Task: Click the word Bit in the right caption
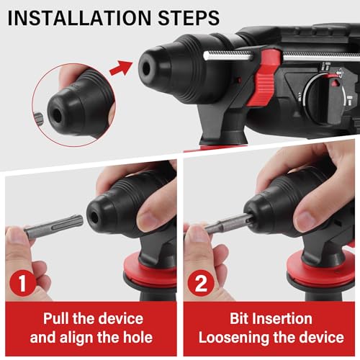[x=242, y=318]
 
